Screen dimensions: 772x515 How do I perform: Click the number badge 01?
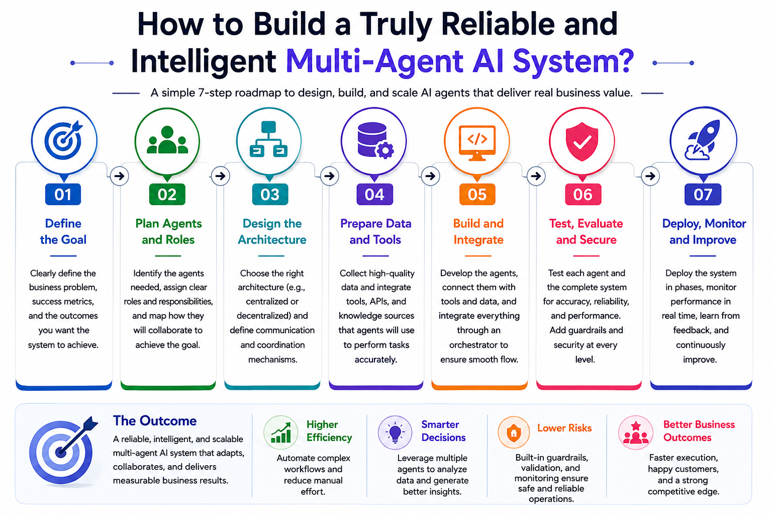point(63,195)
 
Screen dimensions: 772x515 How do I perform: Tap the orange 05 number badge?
point(477,195)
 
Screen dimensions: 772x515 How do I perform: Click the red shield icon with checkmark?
point(582,141)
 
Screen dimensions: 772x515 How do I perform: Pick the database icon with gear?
point(375,141)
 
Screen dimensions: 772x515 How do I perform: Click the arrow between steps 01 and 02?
point(120,176)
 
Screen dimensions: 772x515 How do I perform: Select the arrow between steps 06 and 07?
point(650,176)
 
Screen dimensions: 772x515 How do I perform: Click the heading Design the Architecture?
point(272,231)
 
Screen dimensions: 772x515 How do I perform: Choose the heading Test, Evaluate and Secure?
point(586,231)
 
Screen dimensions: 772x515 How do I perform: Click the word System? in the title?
point(573,61)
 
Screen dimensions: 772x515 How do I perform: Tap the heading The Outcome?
point(155,421)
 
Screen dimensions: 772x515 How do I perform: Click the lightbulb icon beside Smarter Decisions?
point(395,433)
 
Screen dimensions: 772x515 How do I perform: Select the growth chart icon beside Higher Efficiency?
point(281,433)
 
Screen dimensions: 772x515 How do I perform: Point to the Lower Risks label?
point(564,428)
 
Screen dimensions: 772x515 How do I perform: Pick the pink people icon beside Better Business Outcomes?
point(635,433)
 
